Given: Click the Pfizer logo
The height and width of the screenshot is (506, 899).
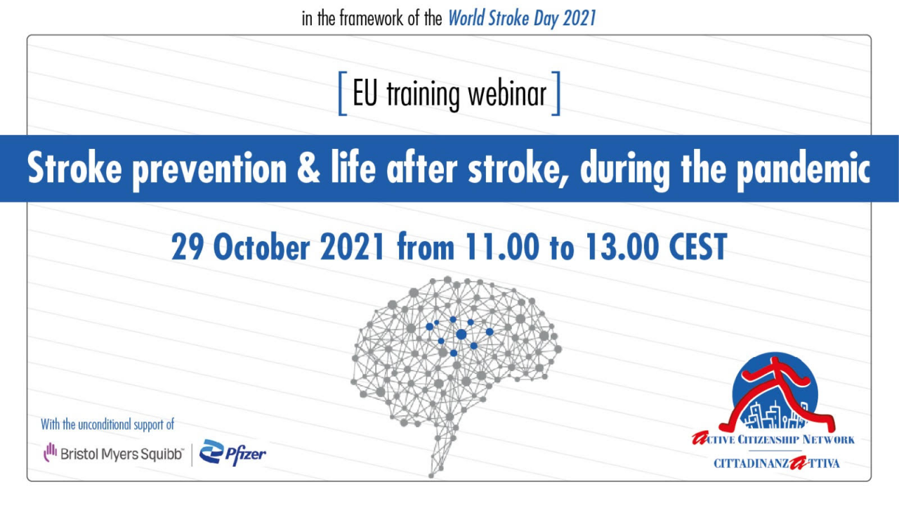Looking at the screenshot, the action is [x=232, y=453].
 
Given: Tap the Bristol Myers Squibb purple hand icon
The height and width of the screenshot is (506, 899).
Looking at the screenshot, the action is [x=50, y=453].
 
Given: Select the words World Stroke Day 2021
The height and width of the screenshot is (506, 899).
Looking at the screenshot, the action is [x=522, y=18].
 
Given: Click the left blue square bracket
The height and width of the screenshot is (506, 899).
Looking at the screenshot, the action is [x=342, y=93].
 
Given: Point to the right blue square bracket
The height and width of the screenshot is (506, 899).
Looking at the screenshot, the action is [x=556, y=93].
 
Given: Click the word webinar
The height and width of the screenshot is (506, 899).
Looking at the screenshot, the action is [x=507, y=95].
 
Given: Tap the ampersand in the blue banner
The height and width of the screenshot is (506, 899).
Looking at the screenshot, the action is [x=308, y=167].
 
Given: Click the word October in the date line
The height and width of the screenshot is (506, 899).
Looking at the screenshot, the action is [x=261, y=247].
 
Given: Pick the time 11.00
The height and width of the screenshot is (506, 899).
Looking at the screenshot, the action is [x=502, y=247].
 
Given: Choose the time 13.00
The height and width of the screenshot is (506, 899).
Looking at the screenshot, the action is [x=622, y=247].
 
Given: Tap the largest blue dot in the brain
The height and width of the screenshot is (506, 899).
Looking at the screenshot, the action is [x=461, y=334].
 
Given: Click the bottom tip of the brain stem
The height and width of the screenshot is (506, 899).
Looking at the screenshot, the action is [x=431, y=476].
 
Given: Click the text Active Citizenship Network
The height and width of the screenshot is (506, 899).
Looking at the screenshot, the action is [x=773, y=439].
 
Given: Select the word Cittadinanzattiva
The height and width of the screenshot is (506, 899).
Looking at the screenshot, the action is [x=776, y=463].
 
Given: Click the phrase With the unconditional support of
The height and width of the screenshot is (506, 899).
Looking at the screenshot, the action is [x=107, y=424].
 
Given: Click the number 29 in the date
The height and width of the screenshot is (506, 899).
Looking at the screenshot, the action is [x=187, y=247].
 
